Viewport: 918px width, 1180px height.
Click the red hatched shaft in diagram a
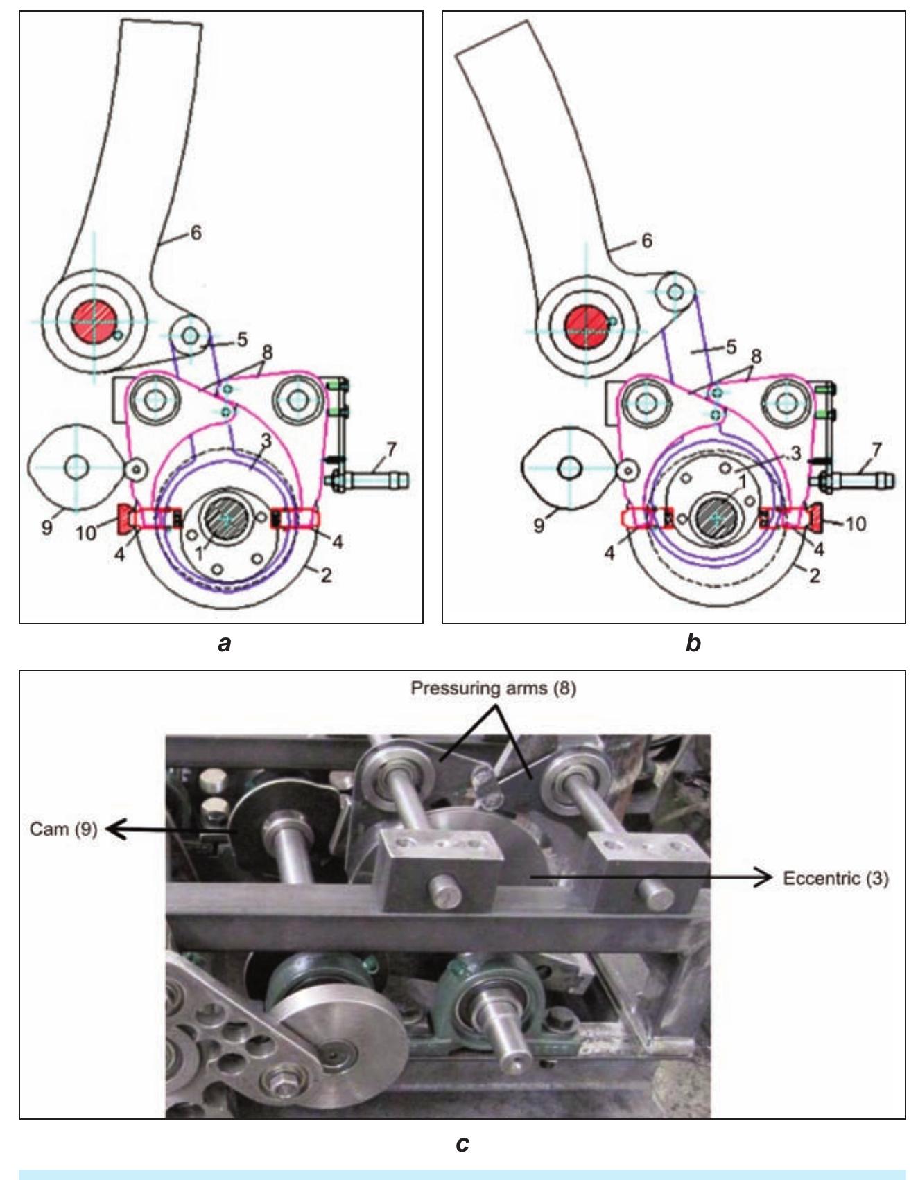click(x=94, y=321)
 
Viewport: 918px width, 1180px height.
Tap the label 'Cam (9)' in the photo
click(x=62, y=829)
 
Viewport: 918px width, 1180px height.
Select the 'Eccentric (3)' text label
click(x=835, y=879)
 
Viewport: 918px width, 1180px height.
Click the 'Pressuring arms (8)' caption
click(x=494, y=689)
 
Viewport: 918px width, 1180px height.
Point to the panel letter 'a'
click(x=223, y=644)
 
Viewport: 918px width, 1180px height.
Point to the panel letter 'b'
click(x=692, y=644)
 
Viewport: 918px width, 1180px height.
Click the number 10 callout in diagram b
click(x=856, y=524)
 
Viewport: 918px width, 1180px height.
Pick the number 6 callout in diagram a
click(x=196, y=234)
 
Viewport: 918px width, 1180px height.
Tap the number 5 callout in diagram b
click(x=730, y=347)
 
